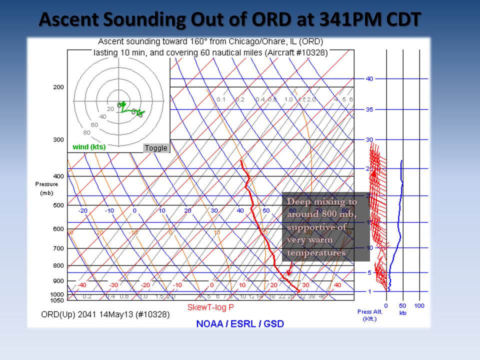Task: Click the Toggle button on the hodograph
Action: click(x=156, y=148)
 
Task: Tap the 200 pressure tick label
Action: click(x=58, y=87)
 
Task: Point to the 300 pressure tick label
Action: click(x=58, y=139)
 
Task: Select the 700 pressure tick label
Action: click(x=58, y=248)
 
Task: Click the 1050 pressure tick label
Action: click(x=57, y=300)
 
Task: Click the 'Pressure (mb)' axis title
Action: click(x=46, y=188)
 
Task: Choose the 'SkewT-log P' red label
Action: click(x=210, y=306)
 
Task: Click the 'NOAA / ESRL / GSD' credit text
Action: click(x=240, y=323)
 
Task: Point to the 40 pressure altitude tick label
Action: click(x=369, y=78)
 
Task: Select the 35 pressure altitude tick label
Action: click(x=369, y=109)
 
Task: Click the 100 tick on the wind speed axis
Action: click(x=419, y=305)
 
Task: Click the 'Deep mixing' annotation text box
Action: click(x=325, y=227)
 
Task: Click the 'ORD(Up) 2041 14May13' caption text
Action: click(x=105, y=314)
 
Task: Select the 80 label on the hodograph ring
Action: click(x=86, y=132)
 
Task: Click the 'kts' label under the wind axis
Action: click(x=402, y=313)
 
